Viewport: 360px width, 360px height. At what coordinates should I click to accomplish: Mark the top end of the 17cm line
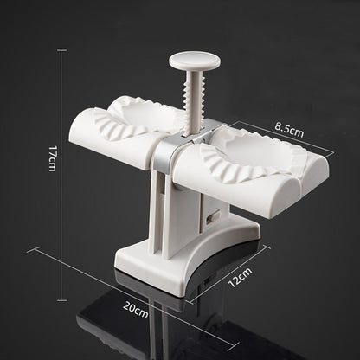coord(61,50)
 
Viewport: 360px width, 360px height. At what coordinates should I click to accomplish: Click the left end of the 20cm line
coord(32,249)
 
